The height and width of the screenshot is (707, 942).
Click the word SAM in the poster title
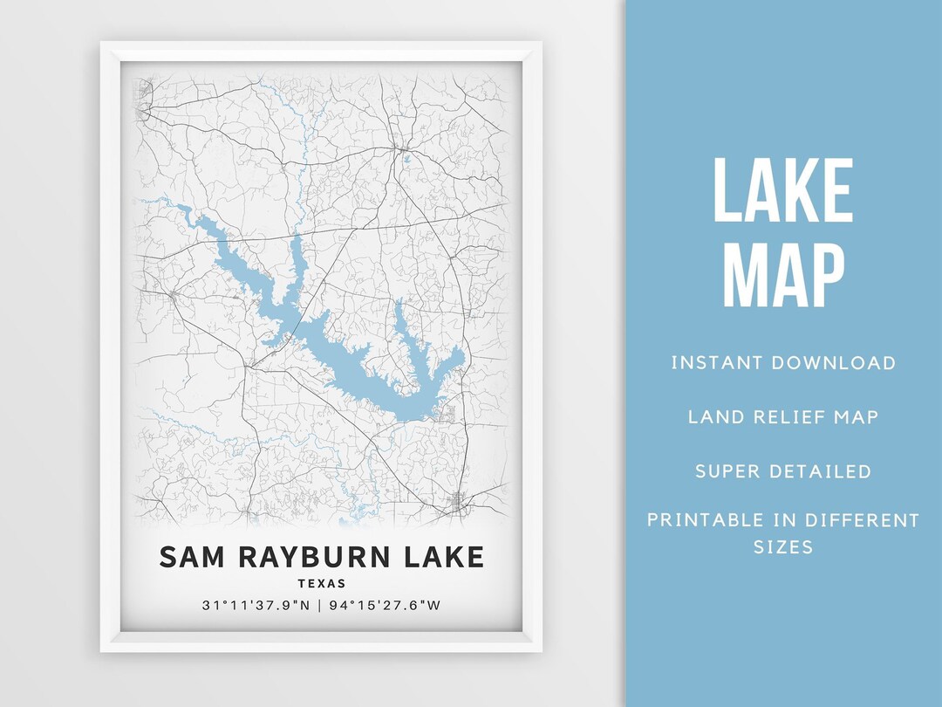[189, 556]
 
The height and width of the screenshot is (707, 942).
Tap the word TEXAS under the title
[321, 583]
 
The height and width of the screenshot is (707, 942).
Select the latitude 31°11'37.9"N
[254, 605]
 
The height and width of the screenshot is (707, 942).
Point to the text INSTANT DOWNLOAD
[783, 362]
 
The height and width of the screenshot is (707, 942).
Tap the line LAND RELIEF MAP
[783, 416]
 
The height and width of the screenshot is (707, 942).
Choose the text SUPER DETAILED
[783, 471]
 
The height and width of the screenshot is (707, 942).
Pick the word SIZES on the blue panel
[783, 548]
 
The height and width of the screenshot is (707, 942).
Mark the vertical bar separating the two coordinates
[321, 605]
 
